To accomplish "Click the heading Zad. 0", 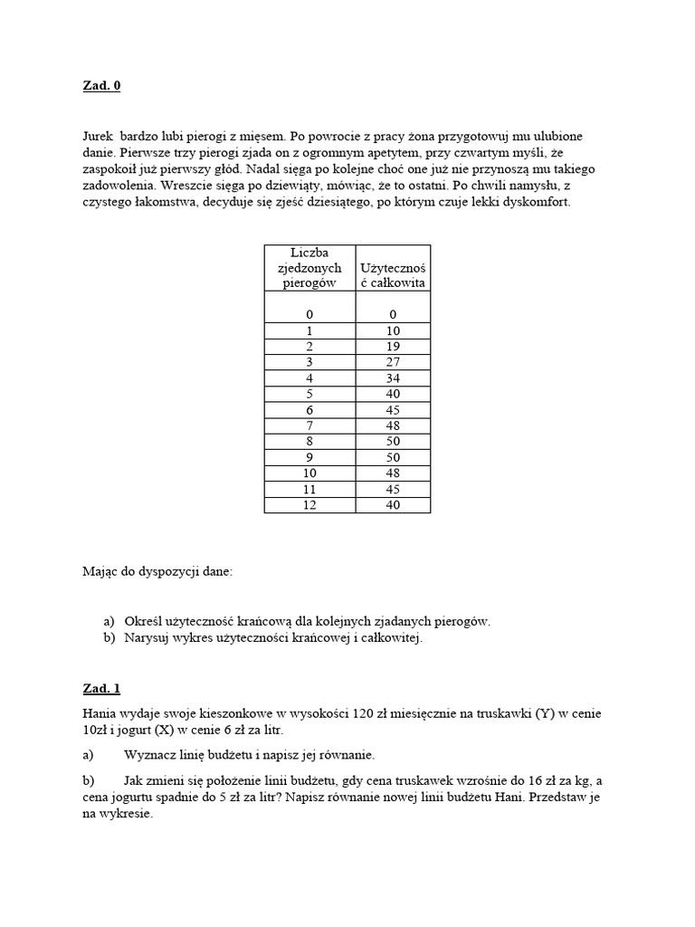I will (100, 86).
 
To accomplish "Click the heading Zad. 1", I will (100, 689).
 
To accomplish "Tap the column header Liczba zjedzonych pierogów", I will (309, 267).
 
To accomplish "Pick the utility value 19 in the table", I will (393, 347).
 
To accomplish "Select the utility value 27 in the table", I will (393, 363).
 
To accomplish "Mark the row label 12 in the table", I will (309, 504).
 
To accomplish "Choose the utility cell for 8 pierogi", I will (393, 442).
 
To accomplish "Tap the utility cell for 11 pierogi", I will (393, 489).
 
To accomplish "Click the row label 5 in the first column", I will (309, 395).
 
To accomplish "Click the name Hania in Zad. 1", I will (100, 713).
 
